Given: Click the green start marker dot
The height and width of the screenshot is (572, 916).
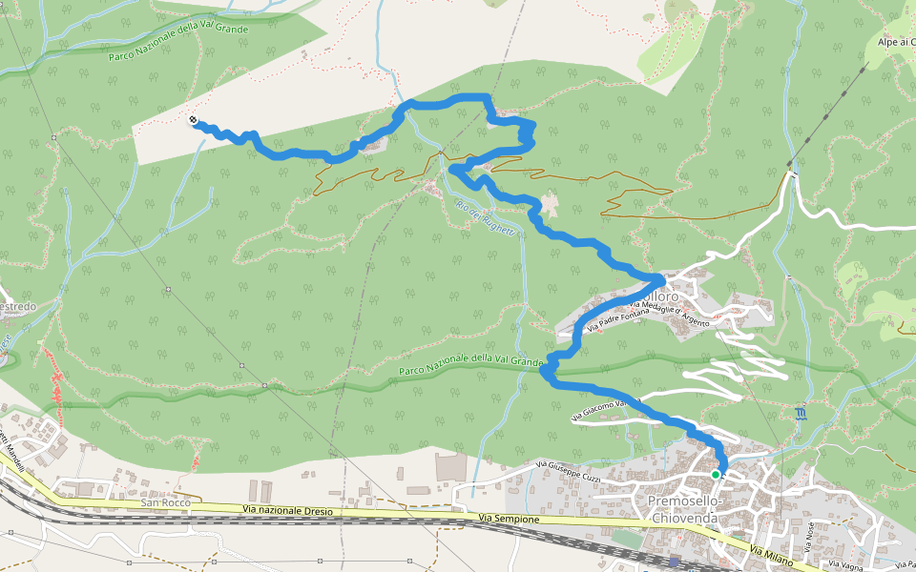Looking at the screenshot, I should pyautogui.click(x=716, y=474).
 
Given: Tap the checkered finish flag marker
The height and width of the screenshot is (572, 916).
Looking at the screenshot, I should pyautogui.click(x=194, y=120).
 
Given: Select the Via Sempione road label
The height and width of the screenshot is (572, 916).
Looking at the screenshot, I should pyautogui.click(x=510, y=519).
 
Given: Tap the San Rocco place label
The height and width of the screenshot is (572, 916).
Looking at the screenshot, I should pyautogui.click(x=165, y=501).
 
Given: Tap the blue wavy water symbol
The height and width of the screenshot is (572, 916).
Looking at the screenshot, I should pyautogui.click(x=800, y=413).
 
